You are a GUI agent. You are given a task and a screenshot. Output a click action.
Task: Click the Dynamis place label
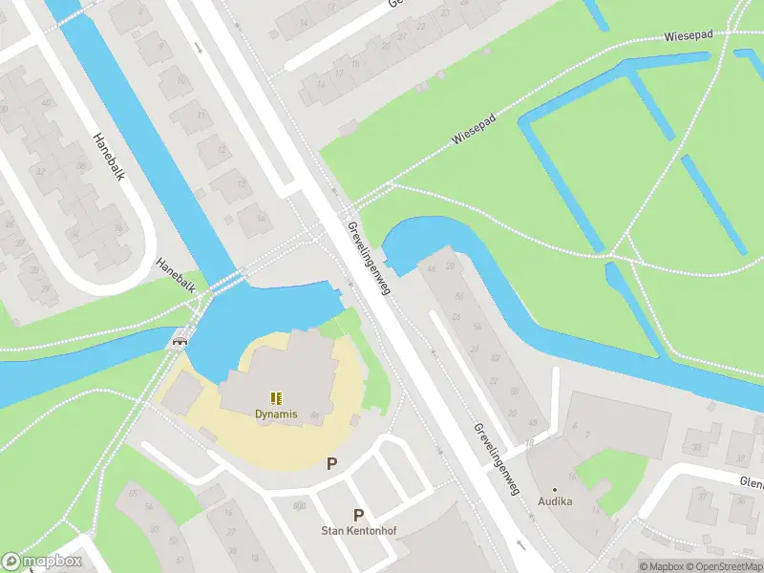point(276,414)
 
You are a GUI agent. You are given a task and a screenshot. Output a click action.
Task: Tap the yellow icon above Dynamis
point(276,398)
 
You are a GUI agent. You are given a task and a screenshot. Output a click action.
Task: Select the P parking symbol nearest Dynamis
point(332,464)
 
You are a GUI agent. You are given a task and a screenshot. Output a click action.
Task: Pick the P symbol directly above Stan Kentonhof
point(359,514)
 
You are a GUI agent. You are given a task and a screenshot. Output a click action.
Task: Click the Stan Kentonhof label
point(359,530)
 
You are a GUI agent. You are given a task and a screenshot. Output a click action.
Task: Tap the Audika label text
point(554,501)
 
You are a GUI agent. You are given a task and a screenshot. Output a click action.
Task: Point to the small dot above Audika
point(554,489)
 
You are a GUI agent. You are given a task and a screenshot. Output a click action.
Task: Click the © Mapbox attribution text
point(660,566)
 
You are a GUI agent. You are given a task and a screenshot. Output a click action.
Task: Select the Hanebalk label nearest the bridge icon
point(177,275)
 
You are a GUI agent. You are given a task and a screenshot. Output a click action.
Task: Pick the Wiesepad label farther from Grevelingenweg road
point(690,35)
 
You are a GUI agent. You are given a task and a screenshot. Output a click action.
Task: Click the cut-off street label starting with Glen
point(751,482)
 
